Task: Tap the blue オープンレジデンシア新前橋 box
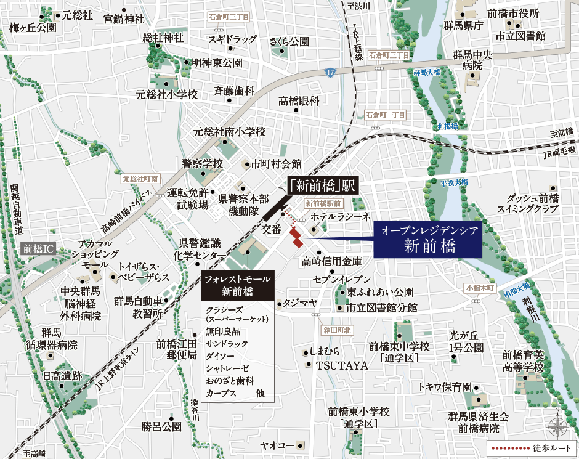click(428, 239)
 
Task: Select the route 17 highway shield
click(331, 73)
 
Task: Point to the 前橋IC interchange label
click(38, 249)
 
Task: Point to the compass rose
click(558, 426)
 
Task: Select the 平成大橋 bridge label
click(455, 182)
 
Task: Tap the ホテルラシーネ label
click(339, 217)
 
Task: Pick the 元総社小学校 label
click(167, 95)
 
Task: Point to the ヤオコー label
click(277, 444)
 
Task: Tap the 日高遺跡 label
click(62, 375)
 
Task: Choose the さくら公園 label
click(289, 42)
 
